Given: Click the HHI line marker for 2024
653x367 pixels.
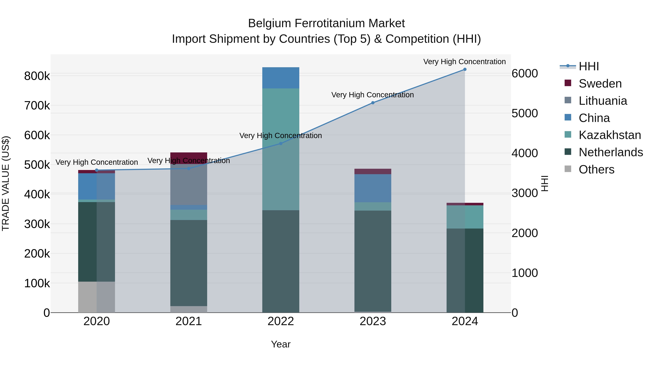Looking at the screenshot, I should (x=465, y=69).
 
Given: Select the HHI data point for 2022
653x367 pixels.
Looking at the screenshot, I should (x=281, y=144).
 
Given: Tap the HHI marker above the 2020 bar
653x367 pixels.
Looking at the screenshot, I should (x=96, y=170).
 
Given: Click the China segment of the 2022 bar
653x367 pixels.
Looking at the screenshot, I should (x=281, y=78).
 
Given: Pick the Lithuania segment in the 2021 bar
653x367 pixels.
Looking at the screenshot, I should (x=189, y=184).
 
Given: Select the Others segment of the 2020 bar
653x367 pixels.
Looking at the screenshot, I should (x=96, y=297).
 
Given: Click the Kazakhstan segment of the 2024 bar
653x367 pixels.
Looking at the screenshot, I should (x=465, y=217).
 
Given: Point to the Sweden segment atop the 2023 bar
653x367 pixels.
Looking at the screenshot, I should (x=373, y=171).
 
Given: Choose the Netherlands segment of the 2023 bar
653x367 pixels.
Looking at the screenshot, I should (x=373, y=261).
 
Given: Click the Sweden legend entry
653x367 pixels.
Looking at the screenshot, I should (x=600, y=84).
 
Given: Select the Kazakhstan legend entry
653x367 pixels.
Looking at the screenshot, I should (x=609, y=135).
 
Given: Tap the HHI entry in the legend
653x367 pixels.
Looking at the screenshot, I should (x=589, y=66).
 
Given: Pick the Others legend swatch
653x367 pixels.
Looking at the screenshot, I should (x=568, y=169).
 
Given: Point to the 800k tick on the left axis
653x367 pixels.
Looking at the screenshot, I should (x=37, y=76).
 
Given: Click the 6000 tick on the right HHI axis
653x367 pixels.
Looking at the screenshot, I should (x=524, y=73).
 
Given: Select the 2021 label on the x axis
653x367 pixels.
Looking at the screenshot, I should (x=189, y=321).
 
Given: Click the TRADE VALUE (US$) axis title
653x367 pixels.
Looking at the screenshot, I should (x=6, y=183).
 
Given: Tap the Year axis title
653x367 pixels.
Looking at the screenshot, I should (x=281, y=344).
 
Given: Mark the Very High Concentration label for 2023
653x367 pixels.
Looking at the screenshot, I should (x=372, y=95).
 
